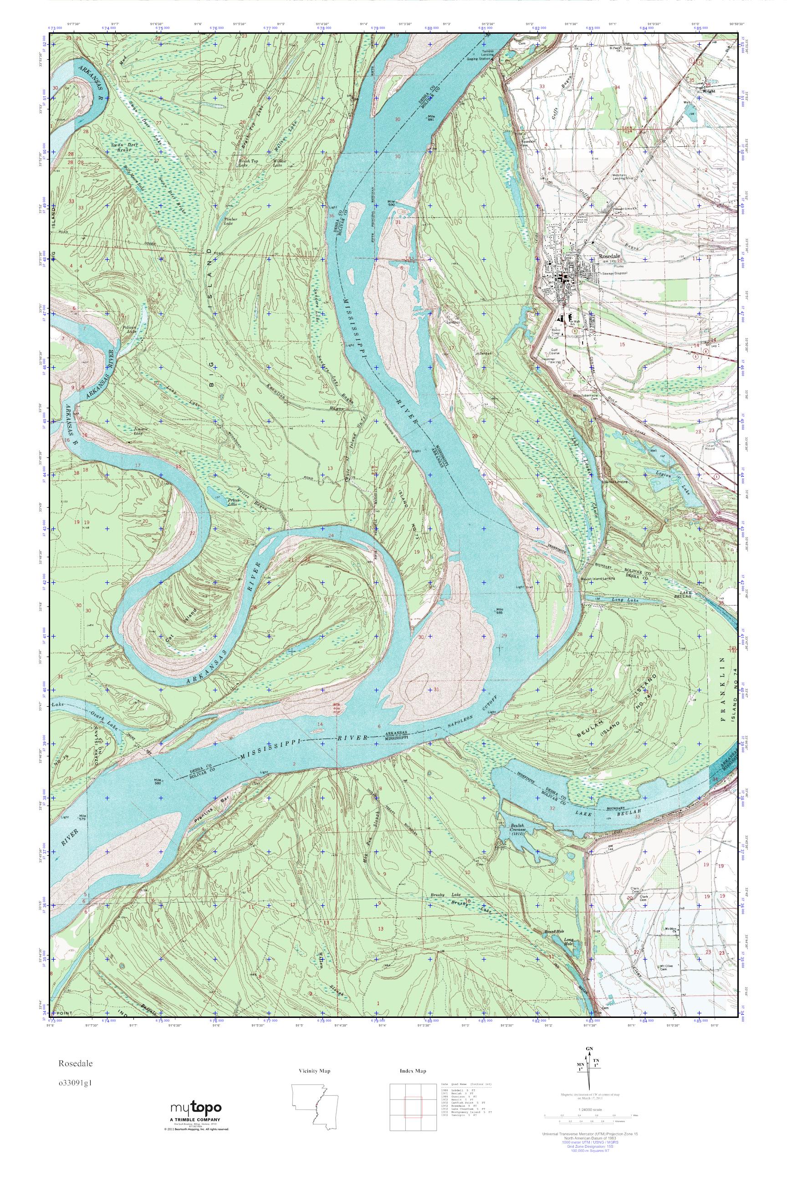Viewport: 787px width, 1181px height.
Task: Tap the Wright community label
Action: pyautogui.click(x=708, y=92)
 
